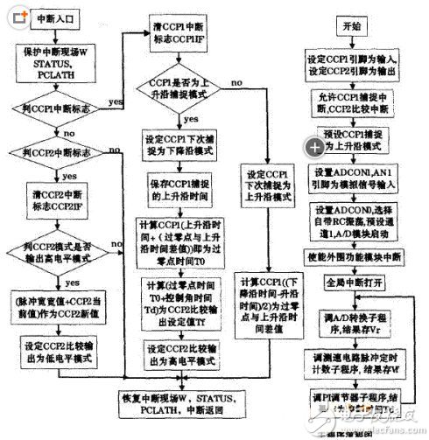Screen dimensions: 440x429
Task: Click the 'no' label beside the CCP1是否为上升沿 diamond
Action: click(x=236, y=82)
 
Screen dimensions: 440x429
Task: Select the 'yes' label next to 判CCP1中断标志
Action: click(x=115, y=100)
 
